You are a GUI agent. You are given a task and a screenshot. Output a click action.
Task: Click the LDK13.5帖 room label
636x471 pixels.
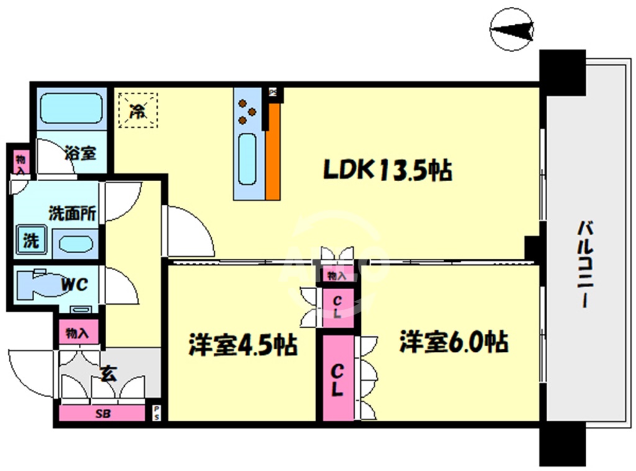point(386,169)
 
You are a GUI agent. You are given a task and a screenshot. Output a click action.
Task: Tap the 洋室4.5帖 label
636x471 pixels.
point(243,345)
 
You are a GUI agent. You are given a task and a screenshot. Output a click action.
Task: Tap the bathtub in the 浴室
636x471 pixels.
point(71,109)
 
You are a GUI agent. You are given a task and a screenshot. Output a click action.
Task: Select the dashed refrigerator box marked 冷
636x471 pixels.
point(138,110)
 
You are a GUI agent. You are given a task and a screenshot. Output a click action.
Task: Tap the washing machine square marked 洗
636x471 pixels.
point(30,240)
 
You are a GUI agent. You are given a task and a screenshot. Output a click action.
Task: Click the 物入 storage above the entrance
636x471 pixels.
point(78,333)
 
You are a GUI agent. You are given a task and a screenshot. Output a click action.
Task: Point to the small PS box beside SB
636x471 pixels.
point(157,413)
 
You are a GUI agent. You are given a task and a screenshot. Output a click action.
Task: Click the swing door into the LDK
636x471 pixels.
point(186,233)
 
